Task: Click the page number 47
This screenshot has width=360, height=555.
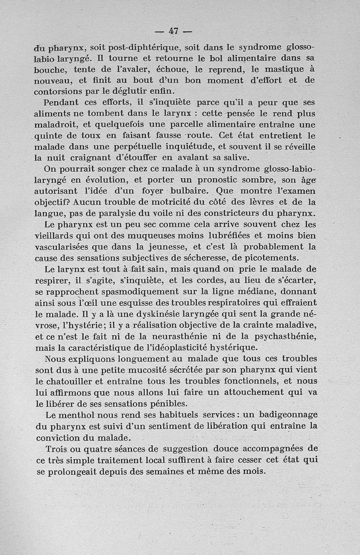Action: (174, 31)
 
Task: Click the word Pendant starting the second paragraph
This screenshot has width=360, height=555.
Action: (63, 103)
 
